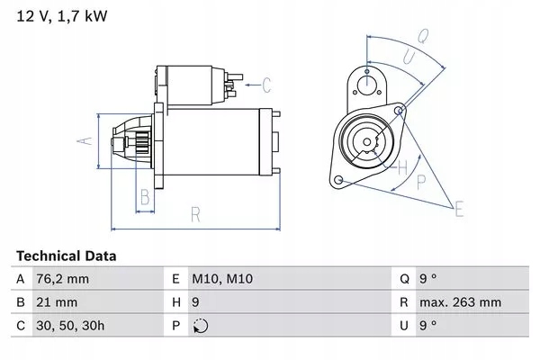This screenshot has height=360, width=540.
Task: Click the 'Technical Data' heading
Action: [66, 256]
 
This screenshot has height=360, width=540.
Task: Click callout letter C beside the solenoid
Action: [266, 86]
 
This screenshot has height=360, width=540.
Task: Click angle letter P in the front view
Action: [420, 180]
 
